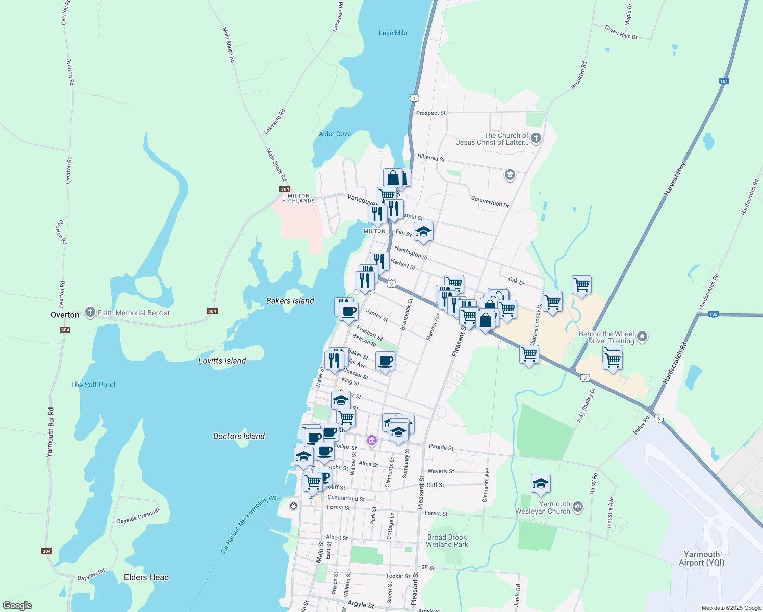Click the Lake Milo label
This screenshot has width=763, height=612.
(393, 33)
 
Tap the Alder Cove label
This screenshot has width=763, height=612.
(335, 134)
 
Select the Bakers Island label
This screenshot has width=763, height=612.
(290, 301)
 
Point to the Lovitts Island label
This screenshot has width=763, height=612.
(222, 361)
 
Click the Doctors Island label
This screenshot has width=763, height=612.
(239, 436)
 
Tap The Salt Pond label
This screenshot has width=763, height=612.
(93, 385)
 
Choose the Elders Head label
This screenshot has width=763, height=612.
(146, 577)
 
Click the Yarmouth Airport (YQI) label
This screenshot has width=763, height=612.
(701, 558)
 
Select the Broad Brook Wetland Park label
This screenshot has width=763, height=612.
(447, 541)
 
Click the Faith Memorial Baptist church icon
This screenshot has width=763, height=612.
(90, 312)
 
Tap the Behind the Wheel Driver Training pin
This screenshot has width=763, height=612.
(642, 337)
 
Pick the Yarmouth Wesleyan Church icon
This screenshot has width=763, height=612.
(577, 506)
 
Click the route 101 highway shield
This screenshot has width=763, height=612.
(724, 81)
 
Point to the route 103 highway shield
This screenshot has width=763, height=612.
(713, 314)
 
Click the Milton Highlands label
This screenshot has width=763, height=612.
(298, 198)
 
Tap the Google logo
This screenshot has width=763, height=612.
(17, 606)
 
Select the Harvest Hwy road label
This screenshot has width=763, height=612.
(675, 179)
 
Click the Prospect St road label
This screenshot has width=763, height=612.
(430, 113)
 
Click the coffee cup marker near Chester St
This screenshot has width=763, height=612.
(386, 361)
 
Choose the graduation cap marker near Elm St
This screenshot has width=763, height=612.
(423, 232)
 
